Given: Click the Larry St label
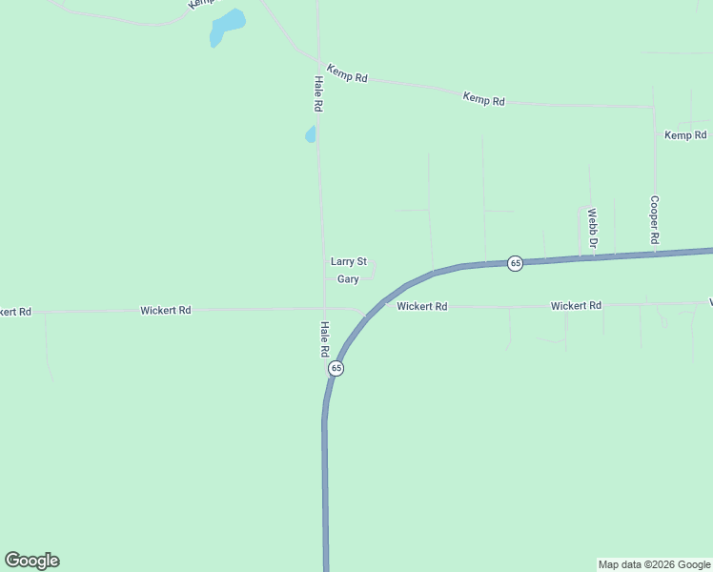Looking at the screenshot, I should click(x=348, y=261).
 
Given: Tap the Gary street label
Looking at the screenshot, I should click(x=348, y=279).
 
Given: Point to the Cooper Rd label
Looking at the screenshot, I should click(x=655, y=220).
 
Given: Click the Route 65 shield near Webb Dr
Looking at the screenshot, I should click(x=515, y=263).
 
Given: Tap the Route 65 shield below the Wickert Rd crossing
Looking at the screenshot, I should click(x=336, y=368).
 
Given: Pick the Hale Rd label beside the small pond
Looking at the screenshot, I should click(x=318, y=92).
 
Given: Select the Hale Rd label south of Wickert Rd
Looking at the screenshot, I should click(x=324, y=338).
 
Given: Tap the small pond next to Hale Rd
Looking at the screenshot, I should click(x=310, y=134).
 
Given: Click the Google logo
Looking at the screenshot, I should click(x=31, y=561).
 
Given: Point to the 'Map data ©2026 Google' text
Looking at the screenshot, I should click(x=654, y=564).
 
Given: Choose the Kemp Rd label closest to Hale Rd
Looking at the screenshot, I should click(x=347, y=73).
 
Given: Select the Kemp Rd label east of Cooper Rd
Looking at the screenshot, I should click(x=684, y=135).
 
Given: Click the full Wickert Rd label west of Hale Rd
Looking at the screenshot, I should click(x=166, y=310).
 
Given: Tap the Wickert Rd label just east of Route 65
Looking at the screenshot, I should click(x=422, y=307).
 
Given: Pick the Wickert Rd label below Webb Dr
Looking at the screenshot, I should click(x=576, y=306).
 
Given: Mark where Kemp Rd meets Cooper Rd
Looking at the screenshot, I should click(x=654, y=107).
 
